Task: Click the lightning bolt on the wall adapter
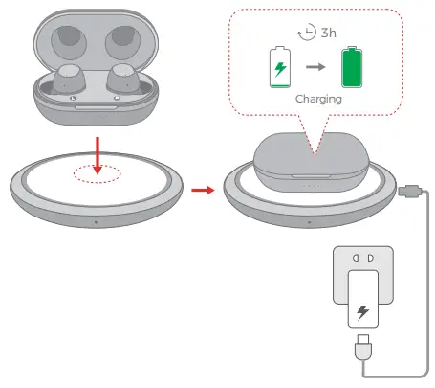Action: pyautogui.click(x=363, y=313)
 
